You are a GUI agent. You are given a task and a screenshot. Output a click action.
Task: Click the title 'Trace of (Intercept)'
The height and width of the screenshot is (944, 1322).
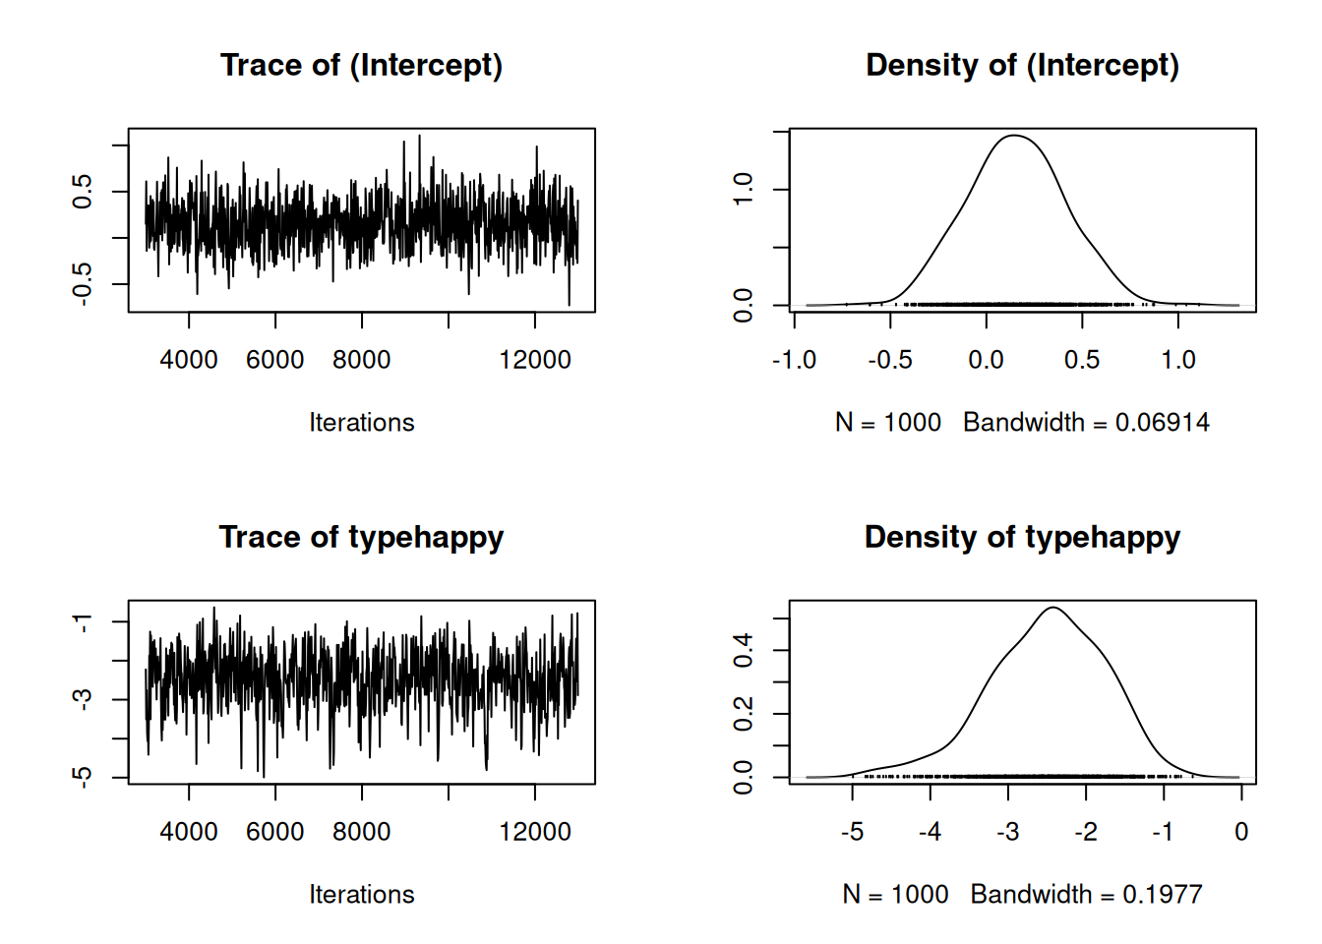coord(361,66)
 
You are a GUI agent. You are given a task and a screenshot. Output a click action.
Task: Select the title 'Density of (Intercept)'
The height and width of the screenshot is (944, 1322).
coord(1022,66)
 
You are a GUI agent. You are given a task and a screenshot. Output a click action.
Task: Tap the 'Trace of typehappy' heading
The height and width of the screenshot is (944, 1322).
coord(361,538)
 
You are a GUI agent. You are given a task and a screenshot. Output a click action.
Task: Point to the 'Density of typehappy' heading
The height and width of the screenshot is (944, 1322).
coord(1022,538)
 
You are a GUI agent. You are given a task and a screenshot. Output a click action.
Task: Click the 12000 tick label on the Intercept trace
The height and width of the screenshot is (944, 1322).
coord(535,360)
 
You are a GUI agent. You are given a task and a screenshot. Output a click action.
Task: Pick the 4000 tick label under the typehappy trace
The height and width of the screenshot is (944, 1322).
coord(189,832)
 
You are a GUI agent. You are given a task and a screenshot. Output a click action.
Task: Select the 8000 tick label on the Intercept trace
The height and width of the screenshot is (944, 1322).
coord(362,360)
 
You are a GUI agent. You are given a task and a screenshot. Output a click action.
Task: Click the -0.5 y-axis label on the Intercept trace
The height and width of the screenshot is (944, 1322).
coord(83,284)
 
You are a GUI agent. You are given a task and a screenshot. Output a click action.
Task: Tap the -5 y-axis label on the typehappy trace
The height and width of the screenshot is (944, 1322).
coord(83,777)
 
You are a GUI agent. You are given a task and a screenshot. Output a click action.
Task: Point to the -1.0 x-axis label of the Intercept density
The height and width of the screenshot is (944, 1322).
coord(794,360)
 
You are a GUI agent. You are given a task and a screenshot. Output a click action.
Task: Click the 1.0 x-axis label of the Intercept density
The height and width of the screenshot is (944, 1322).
coord(1178,360)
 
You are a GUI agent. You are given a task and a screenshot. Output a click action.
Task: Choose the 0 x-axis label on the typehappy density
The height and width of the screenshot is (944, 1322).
coord(1241,832)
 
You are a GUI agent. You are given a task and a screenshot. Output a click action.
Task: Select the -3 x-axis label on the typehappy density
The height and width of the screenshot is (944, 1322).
coord(1007,832)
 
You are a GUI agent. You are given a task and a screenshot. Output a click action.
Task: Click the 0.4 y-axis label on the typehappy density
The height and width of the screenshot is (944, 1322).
coord(744,650)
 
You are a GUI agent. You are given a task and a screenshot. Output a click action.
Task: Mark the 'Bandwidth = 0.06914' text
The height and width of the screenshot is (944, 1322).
coord(1086,423)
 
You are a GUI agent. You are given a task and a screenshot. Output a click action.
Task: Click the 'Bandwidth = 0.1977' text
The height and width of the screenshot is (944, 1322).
coord(1086,895)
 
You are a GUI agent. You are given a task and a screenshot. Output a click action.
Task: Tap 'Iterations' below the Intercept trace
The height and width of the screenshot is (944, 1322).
coord(361,423)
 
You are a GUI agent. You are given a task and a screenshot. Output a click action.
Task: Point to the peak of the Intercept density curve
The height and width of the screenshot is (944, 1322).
coord(1013,136)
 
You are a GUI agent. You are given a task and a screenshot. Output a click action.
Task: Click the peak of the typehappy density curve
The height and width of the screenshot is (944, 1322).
coord(1053,608)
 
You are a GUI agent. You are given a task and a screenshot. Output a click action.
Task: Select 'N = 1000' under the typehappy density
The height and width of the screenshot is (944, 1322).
coord(895,895)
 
